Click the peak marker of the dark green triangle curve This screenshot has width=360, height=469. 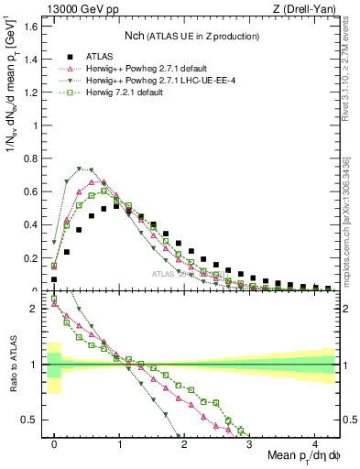point(80,169)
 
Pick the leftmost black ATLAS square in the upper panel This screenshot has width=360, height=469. point(54,279)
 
